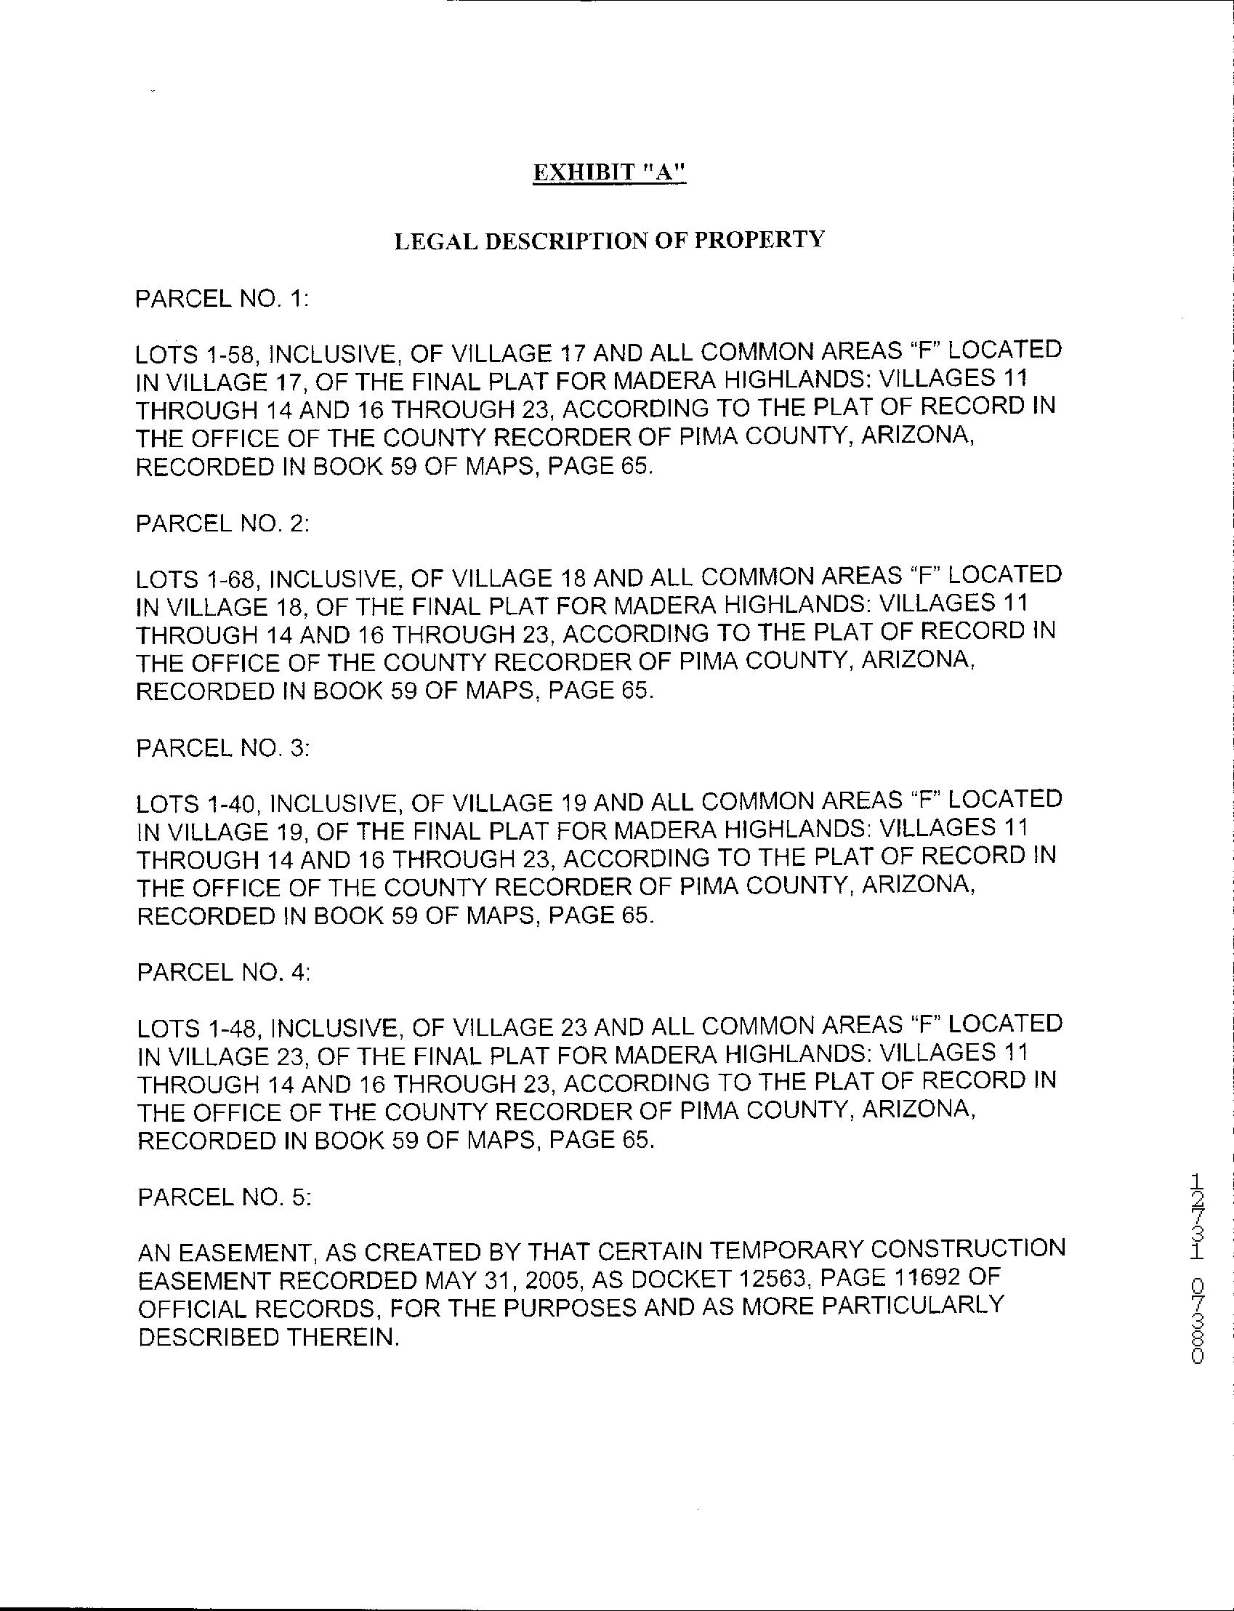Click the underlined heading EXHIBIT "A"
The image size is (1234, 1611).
(609, 172)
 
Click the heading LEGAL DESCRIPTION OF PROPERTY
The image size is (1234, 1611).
(609, 240)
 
